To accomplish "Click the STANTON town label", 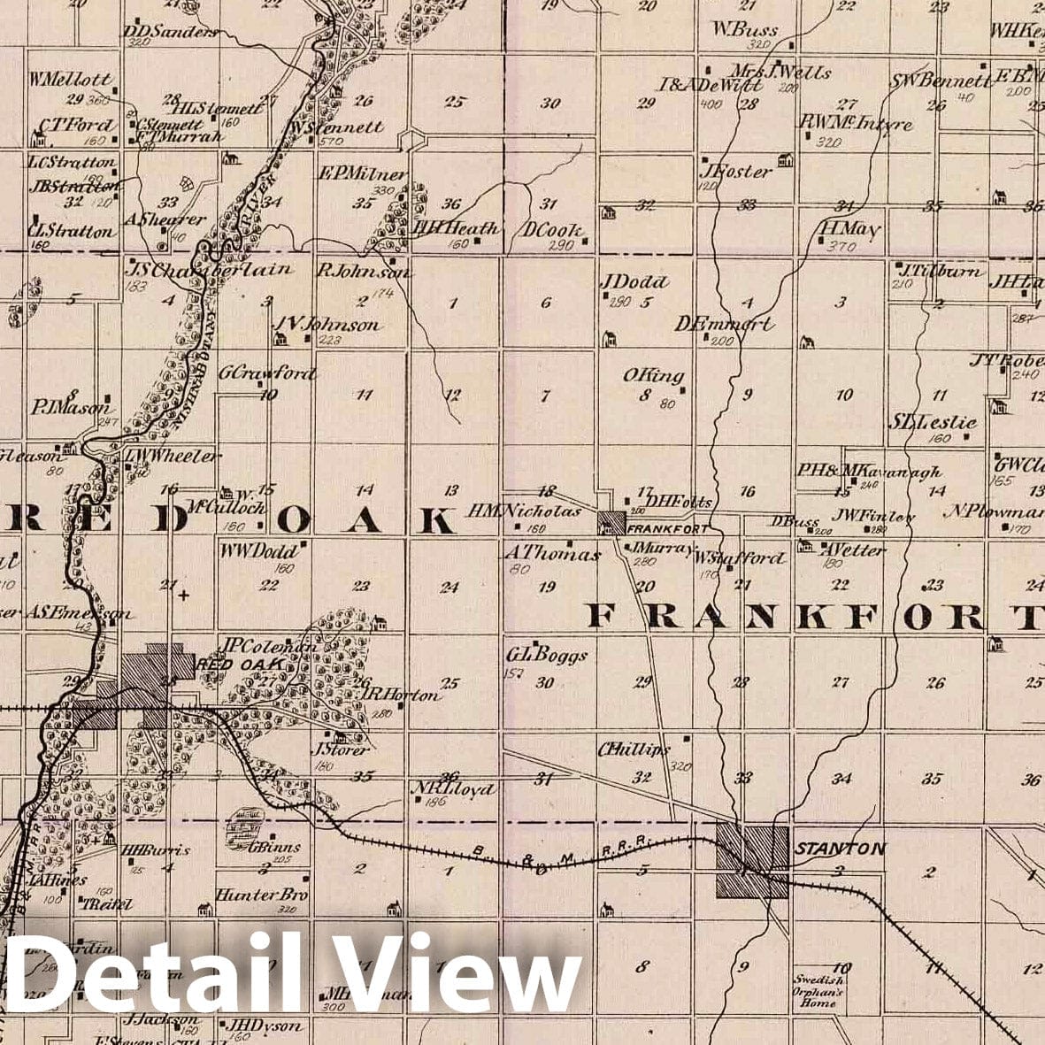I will (x=840, y=849).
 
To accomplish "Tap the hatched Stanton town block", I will (x=751, y=861).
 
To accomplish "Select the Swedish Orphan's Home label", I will (x=818, y=992).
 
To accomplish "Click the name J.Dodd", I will (x=634, y=282).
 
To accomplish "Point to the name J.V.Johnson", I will (x=327, y=325).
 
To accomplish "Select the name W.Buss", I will (x=745, y=29).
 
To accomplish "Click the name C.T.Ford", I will (x=76, y=125).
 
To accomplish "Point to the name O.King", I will (x=654, y=376).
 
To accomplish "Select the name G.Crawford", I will (x=267, y=373).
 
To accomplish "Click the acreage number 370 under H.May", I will (x=841, y=247).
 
